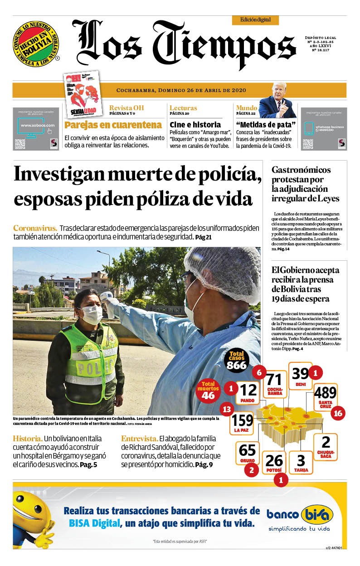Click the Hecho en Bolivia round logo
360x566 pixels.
(x=36, y=44)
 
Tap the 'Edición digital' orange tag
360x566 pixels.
(x=255, y=20)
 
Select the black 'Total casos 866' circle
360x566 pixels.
(x=237, y=361)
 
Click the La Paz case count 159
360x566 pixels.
(x=242, y=420)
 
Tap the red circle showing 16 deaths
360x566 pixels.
(x=337, y=413)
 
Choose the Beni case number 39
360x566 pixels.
(x=300, y=373)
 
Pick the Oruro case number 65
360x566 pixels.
(x=247, y=451)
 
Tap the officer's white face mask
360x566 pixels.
(x=92, y=314)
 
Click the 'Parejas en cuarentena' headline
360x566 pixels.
(x=113, y=125)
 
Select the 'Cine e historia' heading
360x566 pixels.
(x=195, y=124)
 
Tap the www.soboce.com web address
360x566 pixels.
(x=37, y=125)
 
